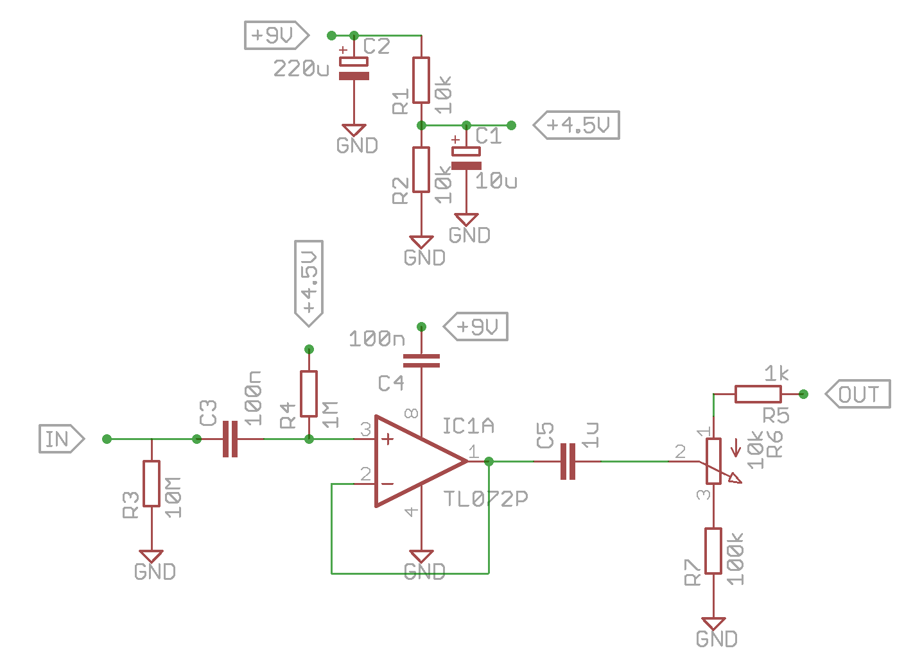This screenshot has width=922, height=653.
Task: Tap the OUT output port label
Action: [x=858, y=394]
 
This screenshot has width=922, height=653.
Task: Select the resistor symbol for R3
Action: [x=152, y=484]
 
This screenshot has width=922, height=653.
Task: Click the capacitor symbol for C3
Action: [x=230, y=439]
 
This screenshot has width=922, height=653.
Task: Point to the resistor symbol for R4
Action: [x=309, y=394]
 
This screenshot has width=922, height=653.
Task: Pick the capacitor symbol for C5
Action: [x=568, y=461]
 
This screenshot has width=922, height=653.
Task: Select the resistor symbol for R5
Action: [x=758, y=394]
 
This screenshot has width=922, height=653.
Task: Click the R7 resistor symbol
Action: [x=713, y=551]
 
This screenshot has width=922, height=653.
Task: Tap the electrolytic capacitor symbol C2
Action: [x=354, y=69]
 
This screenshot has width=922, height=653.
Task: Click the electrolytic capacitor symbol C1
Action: [x=466, y=158]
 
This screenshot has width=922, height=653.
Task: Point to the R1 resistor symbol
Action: [x=421, y=80]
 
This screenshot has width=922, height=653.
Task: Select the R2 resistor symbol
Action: [x=421, y=169]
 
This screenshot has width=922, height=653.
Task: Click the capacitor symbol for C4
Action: [x=421, y=360]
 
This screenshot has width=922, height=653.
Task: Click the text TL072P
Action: [x=486, y=499]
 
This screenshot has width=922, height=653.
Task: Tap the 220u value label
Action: [x=301, y=68]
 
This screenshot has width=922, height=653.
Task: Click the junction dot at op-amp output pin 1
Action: [x=489, y=461]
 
